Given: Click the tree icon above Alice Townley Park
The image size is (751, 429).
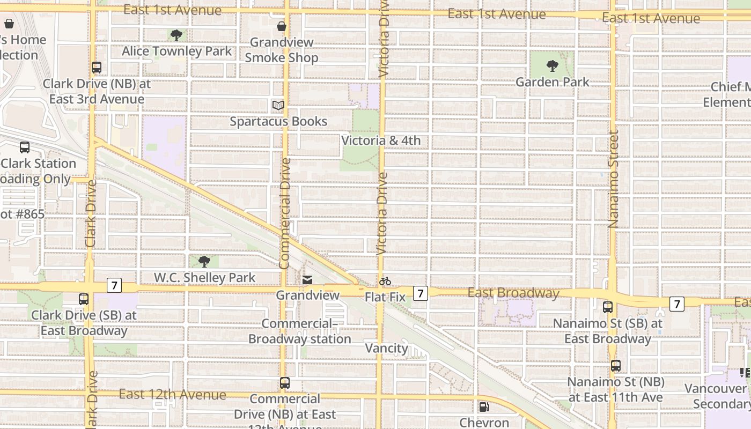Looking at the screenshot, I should point(176,36).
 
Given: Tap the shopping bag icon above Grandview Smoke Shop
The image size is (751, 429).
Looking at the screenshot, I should point(281,26).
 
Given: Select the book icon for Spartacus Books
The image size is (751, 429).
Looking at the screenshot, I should point(278,106).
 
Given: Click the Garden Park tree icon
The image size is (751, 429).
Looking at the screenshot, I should point(552,66).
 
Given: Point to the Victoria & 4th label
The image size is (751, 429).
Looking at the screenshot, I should point(381,140).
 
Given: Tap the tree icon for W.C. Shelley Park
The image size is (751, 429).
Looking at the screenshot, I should point(204,262).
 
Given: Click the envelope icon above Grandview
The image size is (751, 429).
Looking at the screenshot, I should point(307,280).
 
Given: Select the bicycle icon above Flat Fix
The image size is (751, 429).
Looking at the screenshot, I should point(385,281).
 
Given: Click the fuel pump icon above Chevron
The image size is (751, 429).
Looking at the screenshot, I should point(484,407).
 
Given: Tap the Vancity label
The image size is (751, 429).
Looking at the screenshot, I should point(386,349).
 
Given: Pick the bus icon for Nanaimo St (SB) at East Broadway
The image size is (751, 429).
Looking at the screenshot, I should point(608,307).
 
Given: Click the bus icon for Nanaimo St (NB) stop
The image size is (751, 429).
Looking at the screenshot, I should point(616,366).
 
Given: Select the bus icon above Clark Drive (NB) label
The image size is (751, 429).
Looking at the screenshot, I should point(97,68).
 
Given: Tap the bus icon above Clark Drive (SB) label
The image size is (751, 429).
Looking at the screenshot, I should point(84,299).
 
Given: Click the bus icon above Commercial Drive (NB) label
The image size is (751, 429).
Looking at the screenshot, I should point(285,383).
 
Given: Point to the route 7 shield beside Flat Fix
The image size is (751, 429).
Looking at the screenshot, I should point(420,293).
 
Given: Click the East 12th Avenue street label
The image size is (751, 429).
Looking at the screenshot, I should point(172,395).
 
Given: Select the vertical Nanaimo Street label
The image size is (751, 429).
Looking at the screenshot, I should point(614,180).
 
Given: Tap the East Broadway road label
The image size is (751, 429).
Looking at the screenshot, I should point(513,293).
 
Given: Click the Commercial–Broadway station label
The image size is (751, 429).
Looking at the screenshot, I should point(299,331).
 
